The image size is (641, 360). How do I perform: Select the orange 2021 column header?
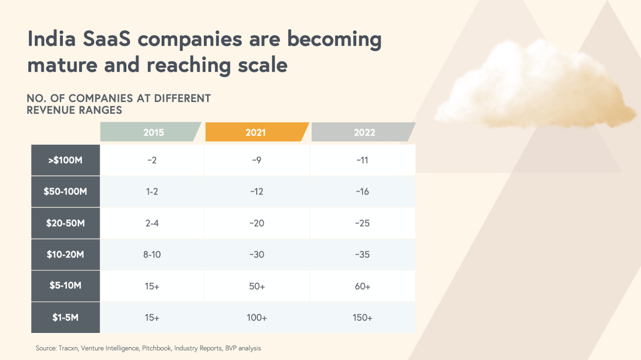point(256,132)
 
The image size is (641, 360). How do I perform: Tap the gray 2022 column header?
point(363,132)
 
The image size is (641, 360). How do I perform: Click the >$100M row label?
point(66,160)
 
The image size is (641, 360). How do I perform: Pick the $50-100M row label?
point(66,191)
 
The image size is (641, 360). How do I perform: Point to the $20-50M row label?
point(66,223)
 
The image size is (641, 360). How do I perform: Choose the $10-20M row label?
point(66,254)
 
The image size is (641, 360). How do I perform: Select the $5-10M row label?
point(66,286)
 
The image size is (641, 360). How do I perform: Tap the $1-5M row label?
point(66,317)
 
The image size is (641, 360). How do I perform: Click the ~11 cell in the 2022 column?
point(363,160)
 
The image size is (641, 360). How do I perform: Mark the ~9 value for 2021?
point(256,160)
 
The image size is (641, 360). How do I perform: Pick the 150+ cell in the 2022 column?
point(363,317)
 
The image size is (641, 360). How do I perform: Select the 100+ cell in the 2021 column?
point(257,317)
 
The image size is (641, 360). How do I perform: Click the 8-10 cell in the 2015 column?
point(152,254)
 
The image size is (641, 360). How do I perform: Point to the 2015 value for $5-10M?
point(152,286)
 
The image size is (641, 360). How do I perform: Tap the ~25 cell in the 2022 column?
point(363,223)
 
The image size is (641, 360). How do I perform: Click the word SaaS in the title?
point(111,40)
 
